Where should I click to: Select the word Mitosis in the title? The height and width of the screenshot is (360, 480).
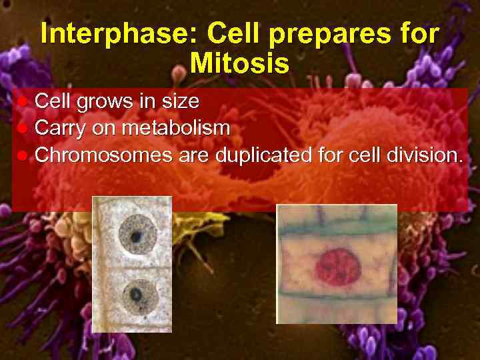tap(239, 63)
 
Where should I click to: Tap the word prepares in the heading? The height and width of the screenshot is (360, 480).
tap(329, 34)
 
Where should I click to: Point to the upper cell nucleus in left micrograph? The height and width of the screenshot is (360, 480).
tap(136, 235)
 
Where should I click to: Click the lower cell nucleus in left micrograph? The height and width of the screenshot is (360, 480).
tap(137, 293)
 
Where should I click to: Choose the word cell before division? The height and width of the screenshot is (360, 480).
tap(359, 156)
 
